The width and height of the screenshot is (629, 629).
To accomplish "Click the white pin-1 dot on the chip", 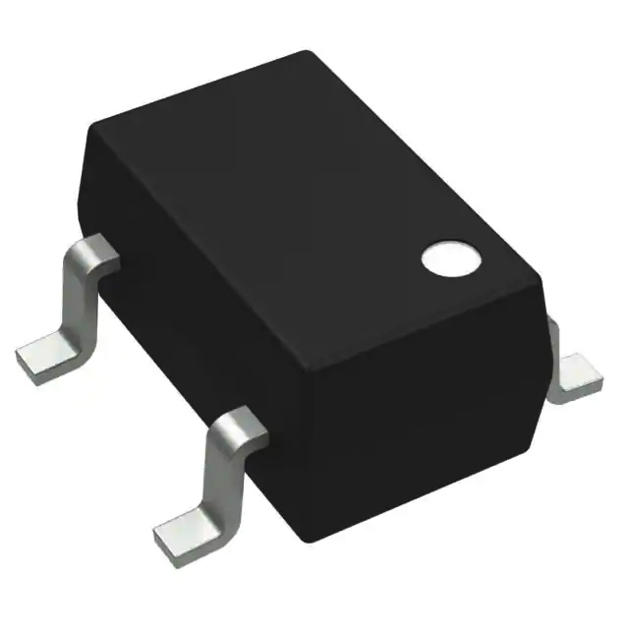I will point(449,257).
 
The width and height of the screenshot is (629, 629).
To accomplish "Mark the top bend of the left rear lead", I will point(94,252).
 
